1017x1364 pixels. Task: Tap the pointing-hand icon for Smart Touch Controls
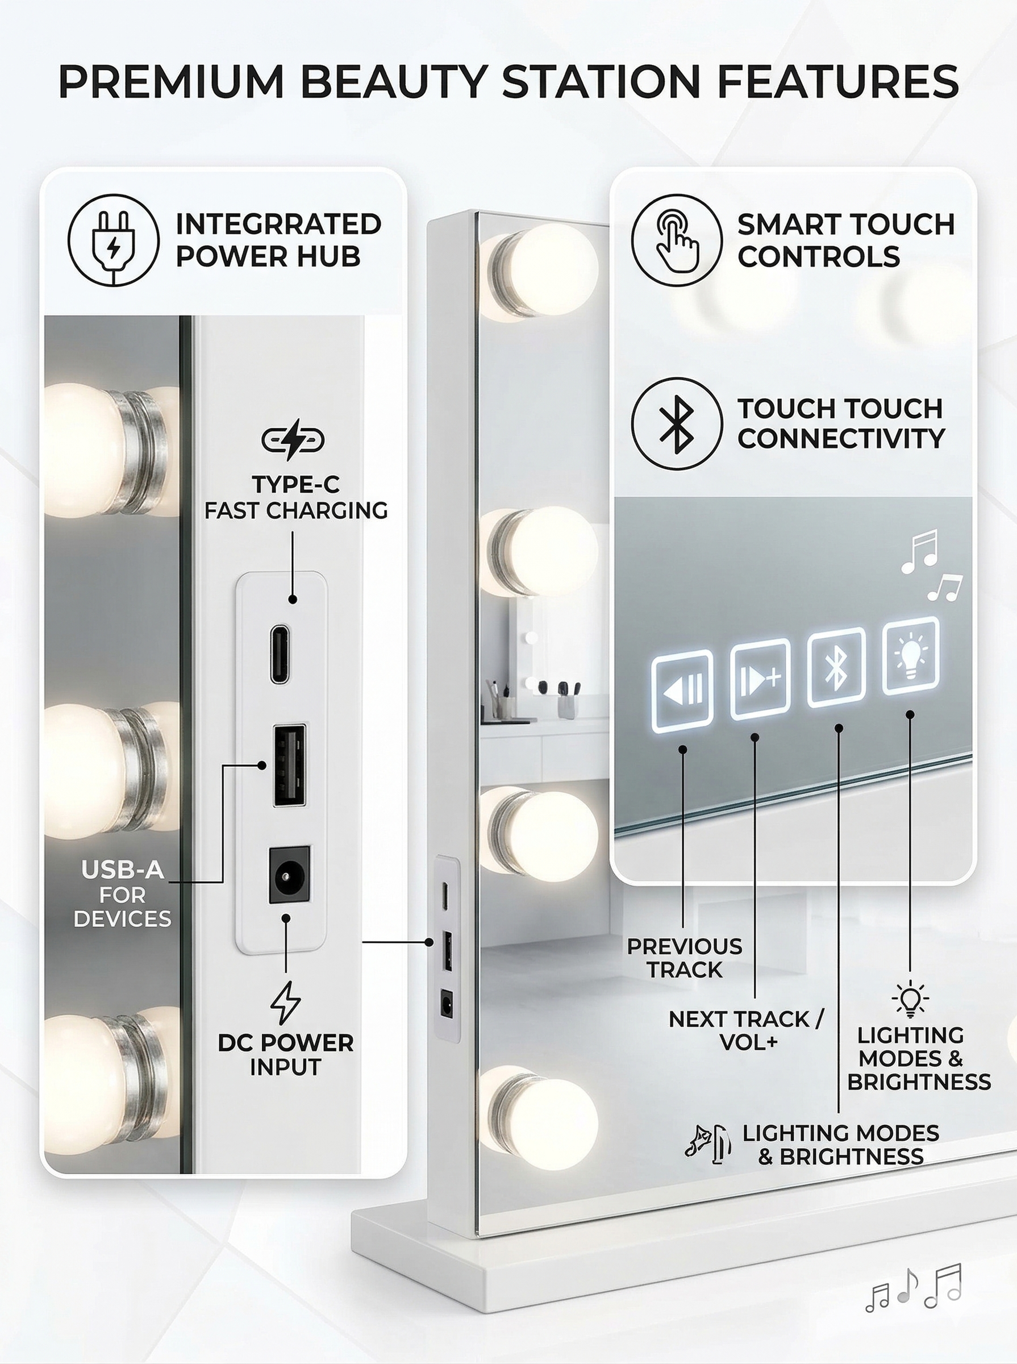coord(677,240)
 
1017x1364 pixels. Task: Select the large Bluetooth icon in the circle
coord(677,423)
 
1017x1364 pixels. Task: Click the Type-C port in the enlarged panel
coord(281,655)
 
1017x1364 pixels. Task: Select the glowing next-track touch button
coord(760,679)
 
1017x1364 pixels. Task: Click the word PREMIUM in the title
coord(171,81)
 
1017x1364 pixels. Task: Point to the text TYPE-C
coord(295,485)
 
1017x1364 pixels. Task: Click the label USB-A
coord(123,870)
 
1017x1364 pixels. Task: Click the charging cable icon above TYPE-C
coord(293,440)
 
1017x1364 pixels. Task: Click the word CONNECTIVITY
coord(841,438)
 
